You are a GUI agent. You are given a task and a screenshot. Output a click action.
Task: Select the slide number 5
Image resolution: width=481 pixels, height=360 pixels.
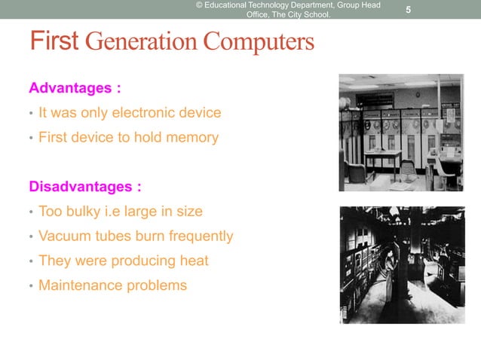click(408, 10)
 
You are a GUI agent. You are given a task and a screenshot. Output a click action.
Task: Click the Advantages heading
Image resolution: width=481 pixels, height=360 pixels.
click(75, 88)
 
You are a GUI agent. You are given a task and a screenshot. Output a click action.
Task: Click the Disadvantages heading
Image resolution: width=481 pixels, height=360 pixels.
click(84, 186)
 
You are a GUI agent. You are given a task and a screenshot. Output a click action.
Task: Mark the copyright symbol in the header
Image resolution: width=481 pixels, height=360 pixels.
click(200, 5)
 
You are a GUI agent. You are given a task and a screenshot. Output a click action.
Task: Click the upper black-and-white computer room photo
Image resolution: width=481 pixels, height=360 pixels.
click(400, 133)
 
